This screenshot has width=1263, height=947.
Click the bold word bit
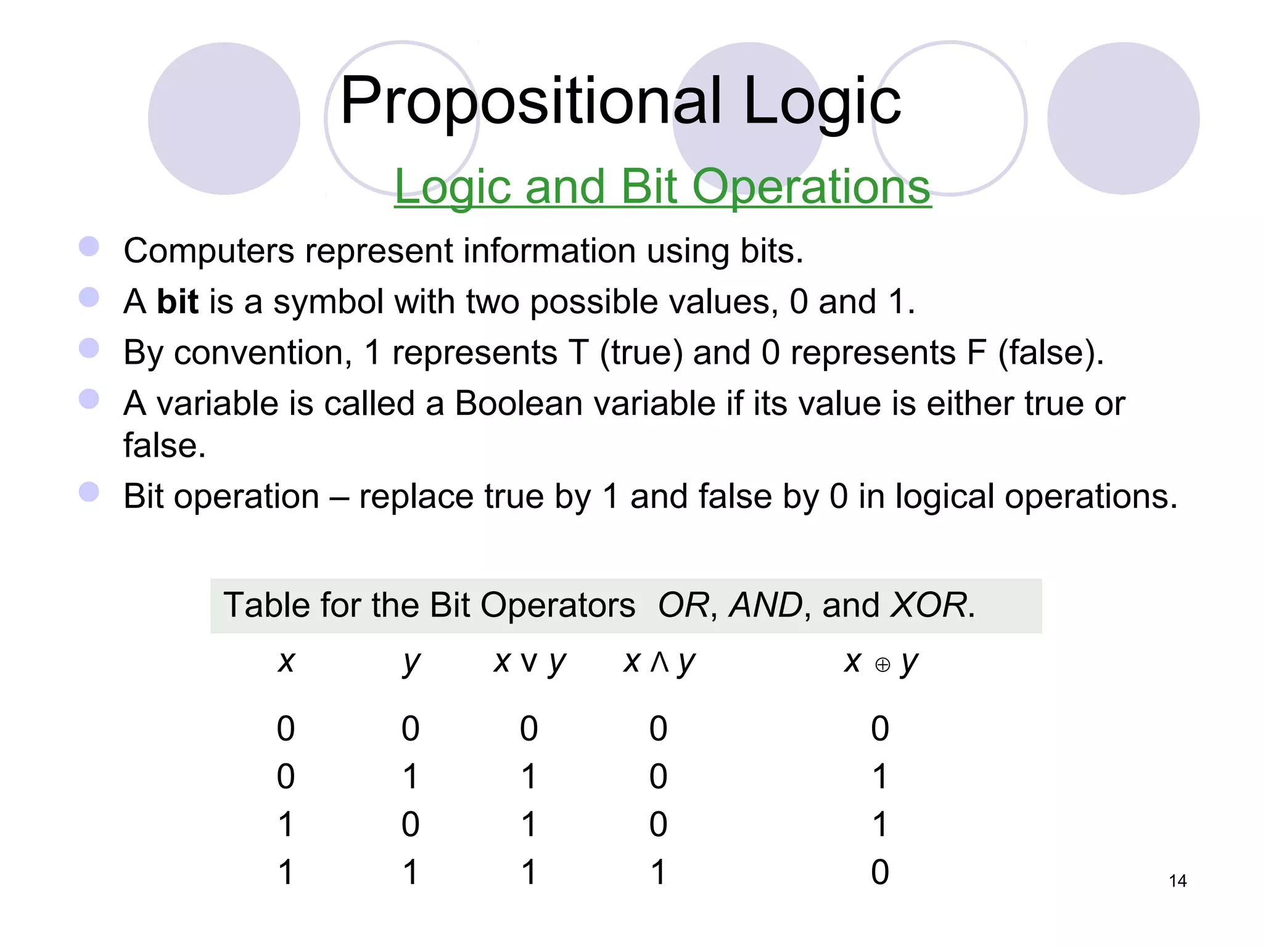click(178, 301)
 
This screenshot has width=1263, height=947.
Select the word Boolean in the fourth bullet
click(518, 404)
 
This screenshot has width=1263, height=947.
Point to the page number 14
click(1177, 881)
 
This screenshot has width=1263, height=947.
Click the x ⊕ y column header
click(881, 663)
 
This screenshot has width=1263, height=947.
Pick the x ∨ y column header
click(529, 663)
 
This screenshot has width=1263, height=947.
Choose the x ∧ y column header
click(659, 663)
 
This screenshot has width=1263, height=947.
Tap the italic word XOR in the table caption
click(929, 605)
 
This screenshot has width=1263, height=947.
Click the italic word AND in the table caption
click(765, 605)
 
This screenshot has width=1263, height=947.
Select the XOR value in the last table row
click(880, 872)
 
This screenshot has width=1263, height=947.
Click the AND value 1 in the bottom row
click(658, 872)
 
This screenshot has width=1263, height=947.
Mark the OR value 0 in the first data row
click(529, 729)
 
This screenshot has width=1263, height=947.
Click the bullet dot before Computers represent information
click(89, 247)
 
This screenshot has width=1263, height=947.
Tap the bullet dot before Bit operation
click(89, 492)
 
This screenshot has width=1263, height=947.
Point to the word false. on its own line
click(164, 446)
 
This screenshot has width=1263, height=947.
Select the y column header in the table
click(411, 663)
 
